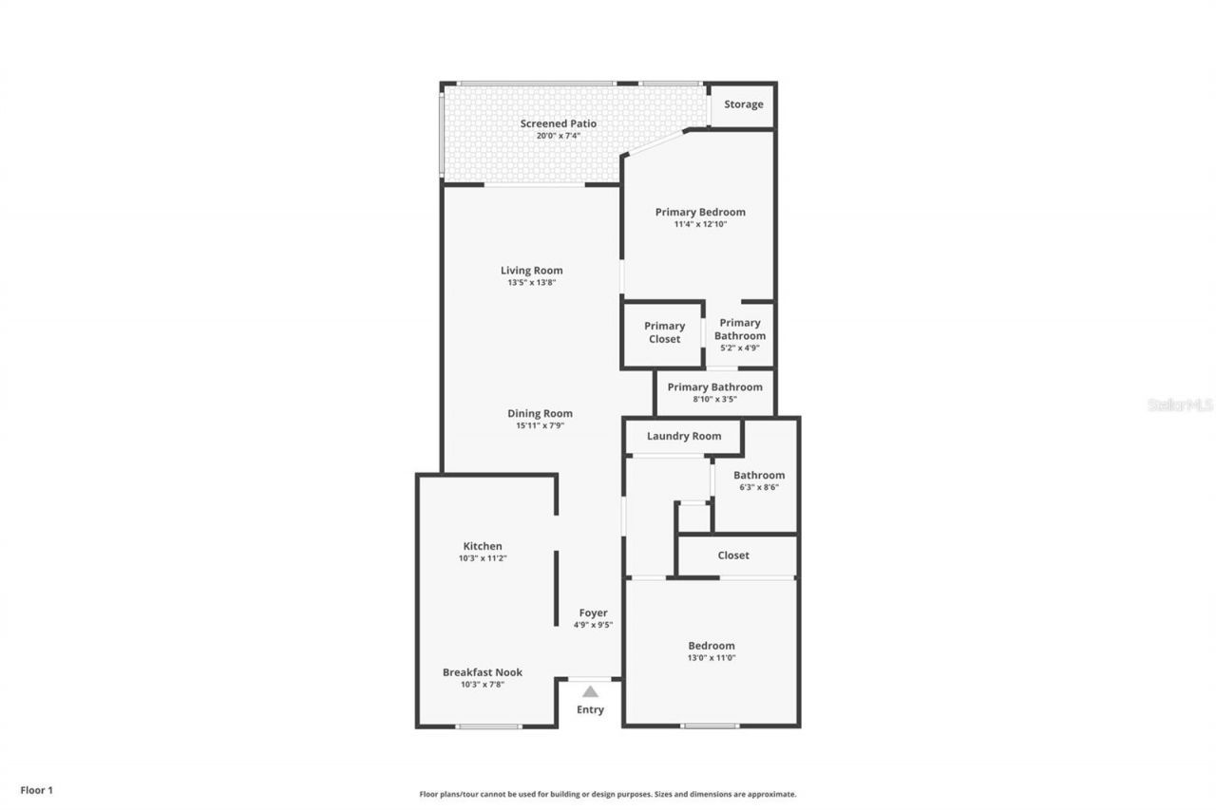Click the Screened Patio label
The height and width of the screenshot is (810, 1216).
tap(558, 123)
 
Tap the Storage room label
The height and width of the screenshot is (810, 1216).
tap(743, 104)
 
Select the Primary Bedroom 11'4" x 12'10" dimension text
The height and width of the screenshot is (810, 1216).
tap(700, 224)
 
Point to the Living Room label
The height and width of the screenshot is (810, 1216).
tap(531, 271)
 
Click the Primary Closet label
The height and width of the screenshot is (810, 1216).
tap(664, 332)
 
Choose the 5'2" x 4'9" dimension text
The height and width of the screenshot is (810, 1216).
tap(740, 348)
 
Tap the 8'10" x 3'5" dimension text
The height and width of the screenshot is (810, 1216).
tap(714, 399)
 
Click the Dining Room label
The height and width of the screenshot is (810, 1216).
tap(540, 413)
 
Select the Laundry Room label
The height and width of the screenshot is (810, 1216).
tap(684, 436)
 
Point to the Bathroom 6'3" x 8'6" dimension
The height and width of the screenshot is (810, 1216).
tap(759, 487)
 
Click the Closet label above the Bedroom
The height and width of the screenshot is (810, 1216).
tap(733, 556)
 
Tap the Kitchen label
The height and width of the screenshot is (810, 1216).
tap(483, 546)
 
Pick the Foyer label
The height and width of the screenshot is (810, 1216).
tap(594, 612)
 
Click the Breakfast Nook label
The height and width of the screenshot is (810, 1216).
tap(483, 672)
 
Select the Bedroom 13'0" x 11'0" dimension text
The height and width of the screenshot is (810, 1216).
tap(712, 658)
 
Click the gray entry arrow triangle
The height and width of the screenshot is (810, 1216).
tap(590, 691)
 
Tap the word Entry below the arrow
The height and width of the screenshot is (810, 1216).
tap(590, 709)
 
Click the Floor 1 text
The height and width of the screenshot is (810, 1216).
tap(36, 789)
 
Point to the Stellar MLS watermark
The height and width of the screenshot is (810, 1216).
tap(1180, 405)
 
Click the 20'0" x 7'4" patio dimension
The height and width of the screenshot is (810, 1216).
tap(558, 136)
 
